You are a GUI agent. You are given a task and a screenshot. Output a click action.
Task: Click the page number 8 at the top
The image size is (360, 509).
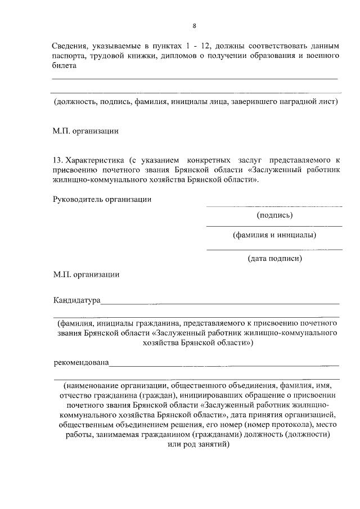click(x=194, y=26)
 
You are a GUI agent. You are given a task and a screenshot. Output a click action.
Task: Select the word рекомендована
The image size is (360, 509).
click(x=81, y=363)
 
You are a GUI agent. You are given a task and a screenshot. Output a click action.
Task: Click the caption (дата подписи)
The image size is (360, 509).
click(x=274, y=259)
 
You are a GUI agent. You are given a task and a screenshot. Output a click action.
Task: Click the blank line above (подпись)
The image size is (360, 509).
click(x=274, y=206)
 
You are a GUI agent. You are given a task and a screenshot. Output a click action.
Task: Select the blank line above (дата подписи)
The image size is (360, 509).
click(x=274, y=249)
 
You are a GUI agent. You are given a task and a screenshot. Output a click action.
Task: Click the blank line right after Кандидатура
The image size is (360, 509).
click(x=219, y=303)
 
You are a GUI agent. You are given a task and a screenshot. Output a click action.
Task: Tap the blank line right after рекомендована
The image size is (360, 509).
click(x=224, y=366)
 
